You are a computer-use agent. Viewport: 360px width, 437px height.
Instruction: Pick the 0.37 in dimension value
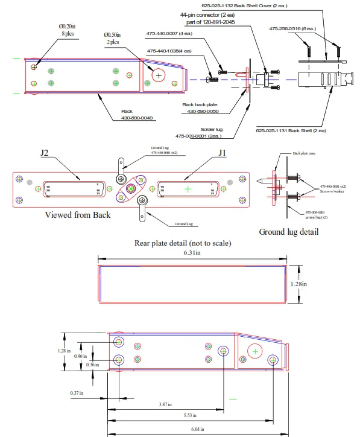click(x=76, y=393)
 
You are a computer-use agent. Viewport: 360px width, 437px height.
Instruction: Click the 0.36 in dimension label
click(x=92, y=365)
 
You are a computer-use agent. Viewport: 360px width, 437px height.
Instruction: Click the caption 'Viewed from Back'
click(x=77, y=215)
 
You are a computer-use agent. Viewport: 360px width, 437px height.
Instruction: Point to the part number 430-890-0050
click(x=201, y=112)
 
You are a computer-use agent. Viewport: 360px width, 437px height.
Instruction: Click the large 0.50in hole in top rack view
click(x=159, y=75)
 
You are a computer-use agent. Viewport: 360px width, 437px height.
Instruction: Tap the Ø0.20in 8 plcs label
click(x=68, y=31)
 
